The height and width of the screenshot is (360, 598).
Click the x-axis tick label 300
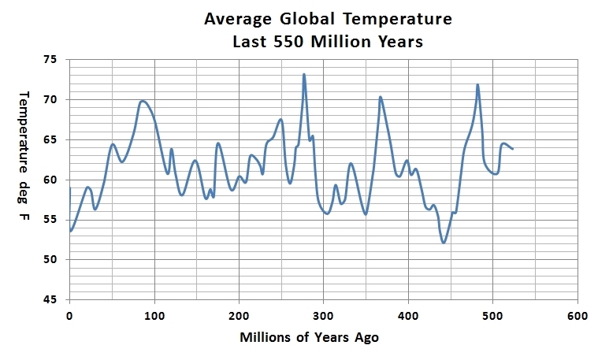(x=324, y=317)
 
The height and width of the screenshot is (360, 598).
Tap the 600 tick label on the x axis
(x=578, y=317)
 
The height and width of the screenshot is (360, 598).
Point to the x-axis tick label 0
(x=70, y=317)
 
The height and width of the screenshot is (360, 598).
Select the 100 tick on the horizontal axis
(x=154, y=317)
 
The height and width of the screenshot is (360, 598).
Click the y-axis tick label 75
(x=51, y=59)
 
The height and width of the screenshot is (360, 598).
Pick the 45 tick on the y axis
(x=51, y=300)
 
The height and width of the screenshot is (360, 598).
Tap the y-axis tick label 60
(x=51, y=180)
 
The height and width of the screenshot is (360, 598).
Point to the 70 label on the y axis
(x=51, y=99)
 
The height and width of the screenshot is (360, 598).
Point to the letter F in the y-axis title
(x=23, y=215)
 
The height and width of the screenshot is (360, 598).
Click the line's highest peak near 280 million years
(x=304, y=75)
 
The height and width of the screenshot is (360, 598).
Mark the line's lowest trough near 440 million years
(x=444, y=242)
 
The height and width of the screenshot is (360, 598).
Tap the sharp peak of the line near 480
(x=477, y=85)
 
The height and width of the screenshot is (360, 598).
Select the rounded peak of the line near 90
(x=143, y=101)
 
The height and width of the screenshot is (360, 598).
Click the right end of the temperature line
(x=513, y=148)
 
